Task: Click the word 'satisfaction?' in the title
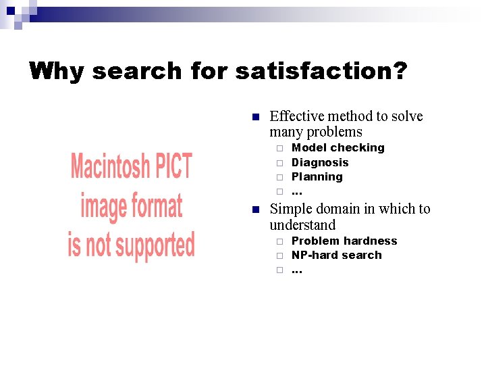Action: point(321,71)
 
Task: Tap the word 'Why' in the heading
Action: point(57,71)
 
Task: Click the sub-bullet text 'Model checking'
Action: point(337,147)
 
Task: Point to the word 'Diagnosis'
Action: point(320,162)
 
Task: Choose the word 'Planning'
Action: point(317,176)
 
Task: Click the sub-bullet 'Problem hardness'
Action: point(344,241)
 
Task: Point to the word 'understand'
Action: point(302,225)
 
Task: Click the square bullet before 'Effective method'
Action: point(255,117)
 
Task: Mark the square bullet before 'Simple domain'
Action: point(255,210)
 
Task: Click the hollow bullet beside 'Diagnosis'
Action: point(278,163)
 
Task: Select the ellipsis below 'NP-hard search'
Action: point(296,271)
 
